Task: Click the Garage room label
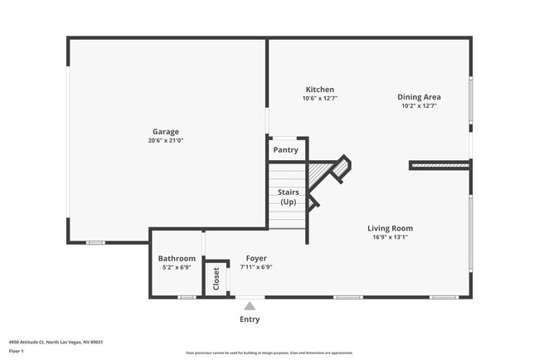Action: point(165,131)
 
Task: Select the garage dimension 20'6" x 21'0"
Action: point(165,141)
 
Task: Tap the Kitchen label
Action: point(319,89)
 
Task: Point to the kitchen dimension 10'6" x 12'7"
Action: point(319,98)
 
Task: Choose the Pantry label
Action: point(286,150)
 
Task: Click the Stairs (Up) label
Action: point(288,197)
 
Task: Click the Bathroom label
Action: point(177,258)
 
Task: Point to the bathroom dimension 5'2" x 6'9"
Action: point(177,267)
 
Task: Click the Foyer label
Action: point(256,258)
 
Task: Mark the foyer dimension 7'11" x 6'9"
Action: point(256,267)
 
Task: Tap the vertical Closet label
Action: point(216,278)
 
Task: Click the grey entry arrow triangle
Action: point(250,306)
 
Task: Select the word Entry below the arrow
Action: point(250,319)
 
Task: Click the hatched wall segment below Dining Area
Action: point(440,166)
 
